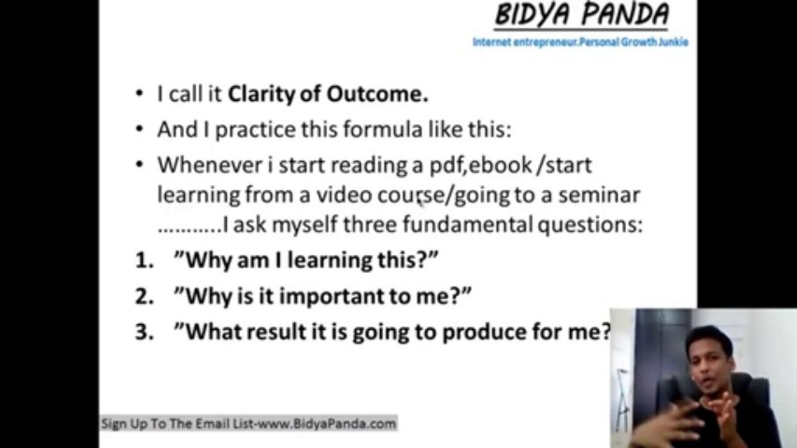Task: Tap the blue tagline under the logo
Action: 580,42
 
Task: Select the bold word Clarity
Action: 261,95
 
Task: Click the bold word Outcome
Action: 377,94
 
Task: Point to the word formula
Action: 383,129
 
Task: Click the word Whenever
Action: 210,165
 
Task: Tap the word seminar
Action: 599,195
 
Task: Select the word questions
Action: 590,225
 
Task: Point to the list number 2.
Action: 144,296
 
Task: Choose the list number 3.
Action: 144,332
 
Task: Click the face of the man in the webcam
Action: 709,362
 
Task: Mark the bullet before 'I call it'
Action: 140,94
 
